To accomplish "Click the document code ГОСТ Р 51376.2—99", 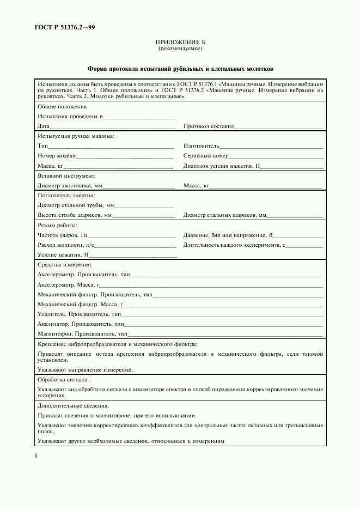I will [x=59, y=27].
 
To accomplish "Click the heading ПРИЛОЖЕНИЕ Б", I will [x=180, y=42].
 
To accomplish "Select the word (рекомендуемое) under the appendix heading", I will [x=180, y=48].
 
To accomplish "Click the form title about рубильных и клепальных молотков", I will [x=180, y=70].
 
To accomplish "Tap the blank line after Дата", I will [x=113, y=126].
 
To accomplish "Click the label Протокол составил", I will [x=208, y=126].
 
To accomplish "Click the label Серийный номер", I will [x=205, y=156].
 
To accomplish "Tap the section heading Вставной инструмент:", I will [x=66, y=176].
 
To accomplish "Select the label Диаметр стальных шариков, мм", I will [x=225, y=215].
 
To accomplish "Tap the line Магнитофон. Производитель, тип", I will [x=82, y=333].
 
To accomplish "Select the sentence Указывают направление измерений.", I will [x=86, y=369].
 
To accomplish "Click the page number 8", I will [x=35, y=456].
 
